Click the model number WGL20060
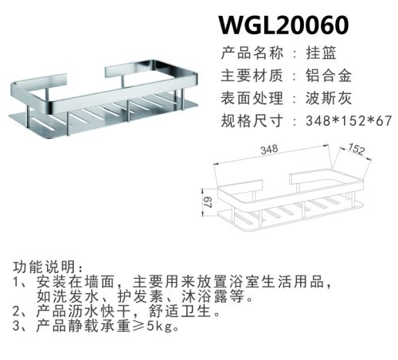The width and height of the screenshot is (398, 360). tap(283, 25)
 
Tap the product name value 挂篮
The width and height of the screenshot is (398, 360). tap(321, 53)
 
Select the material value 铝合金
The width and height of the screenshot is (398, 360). tap(329, 76)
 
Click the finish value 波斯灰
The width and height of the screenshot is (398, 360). tap(329, 98)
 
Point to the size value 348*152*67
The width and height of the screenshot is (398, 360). tap(349, 121)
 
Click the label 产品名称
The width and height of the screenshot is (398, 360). tap(252, 53)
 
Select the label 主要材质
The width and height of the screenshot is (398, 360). tap(252, 76)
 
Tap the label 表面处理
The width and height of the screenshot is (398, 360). tap(252, 98)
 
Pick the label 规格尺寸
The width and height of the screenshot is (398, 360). tap(252, 121)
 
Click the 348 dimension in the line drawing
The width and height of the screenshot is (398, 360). tap(269, 150)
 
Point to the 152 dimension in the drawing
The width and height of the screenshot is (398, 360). tap(357, 149)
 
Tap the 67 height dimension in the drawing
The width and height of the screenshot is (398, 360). tap(209, 202)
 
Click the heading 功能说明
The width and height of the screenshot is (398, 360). tap(44, 267)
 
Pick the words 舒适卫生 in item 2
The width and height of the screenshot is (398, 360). tap(180, 311)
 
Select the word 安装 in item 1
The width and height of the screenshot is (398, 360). tap(52, 282)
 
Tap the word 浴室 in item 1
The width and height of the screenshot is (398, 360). tap(244, 282)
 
